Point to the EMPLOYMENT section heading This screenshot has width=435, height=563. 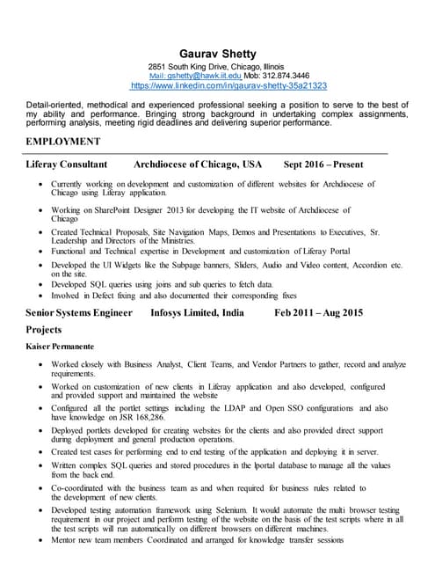pos(63,142)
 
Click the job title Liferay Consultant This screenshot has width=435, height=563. pos(67,165)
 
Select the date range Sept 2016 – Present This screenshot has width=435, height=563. pos(323,165)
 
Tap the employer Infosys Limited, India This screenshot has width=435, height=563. pos(198,312)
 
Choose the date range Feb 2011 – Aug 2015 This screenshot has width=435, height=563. pos(318,312)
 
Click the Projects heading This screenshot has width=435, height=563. pos(44,329)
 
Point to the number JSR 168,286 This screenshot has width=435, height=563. pos(134,418)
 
